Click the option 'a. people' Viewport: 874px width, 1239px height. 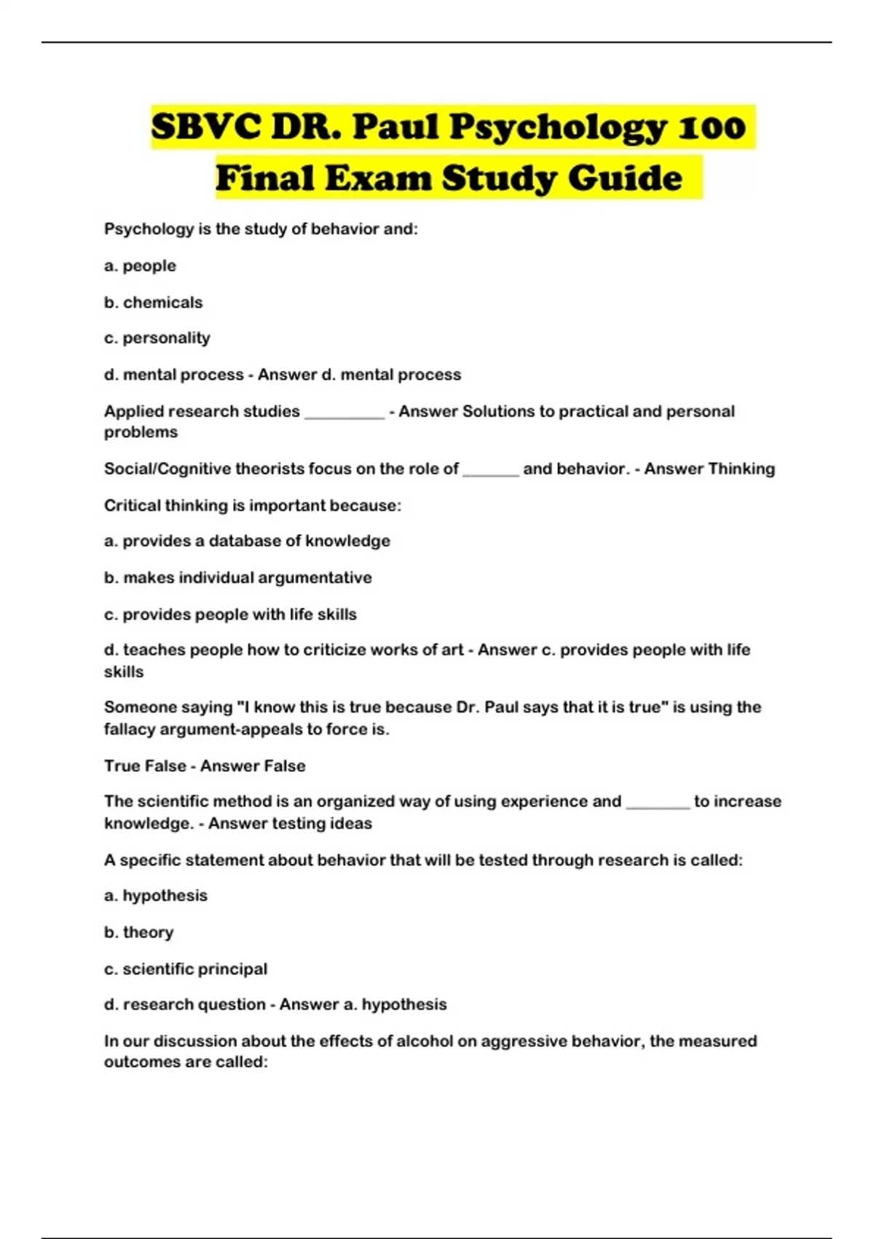click(140, 266)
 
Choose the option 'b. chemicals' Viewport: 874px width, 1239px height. click(153, 302)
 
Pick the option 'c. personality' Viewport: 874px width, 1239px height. click(157, 338)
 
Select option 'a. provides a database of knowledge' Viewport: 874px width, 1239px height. click(247, 541)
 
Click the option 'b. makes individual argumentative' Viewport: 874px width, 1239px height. click(237, 578)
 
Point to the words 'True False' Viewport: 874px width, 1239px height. click(144, 766)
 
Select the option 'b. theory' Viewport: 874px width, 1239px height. click(138, 932)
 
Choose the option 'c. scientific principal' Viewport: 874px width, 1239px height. click(185, 969)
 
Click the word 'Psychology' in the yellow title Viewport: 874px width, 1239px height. click(557, 128)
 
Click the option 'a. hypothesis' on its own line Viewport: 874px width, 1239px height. click(155, 896)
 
